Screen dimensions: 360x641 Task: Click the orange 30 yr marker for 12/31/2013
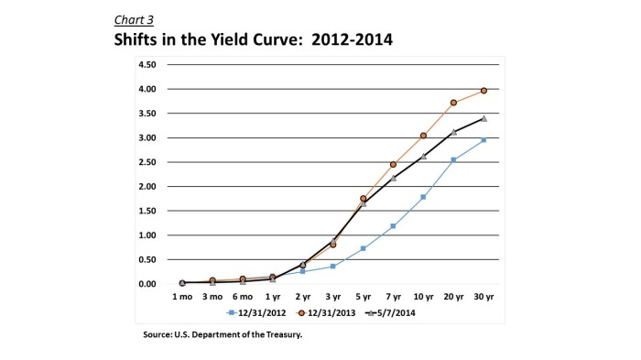(483, 91)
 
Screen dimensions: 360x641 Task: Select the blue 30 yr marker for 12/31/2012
(483, 140)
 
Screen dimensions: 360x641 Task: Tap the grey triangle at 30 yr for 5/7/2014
(483, 118)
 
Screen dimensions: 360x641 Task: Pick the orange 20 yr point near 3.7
(453, 103)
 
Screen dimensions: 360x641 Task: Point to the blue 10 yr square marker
(423, 197)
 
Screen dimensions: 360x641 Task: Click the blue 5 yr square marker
(364, 248)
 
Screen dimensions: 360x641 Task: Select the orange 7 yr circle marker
(394, 164)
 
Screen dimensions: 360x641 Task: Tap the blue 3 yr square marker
(333, 266)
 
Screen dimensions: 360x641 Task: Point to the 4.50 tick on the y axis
(147, 65)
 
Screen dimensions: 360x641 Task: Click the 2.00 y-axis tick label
(147, 187)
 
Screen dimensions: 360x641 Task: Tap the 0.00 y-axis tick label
(147, 284)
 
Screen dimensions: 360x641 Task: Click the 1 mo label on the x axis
(182, 297)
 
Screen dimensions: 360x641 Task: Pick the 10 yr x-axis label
(423, 297)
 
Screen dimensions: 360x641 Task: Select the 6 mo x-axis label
(243, 297)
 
